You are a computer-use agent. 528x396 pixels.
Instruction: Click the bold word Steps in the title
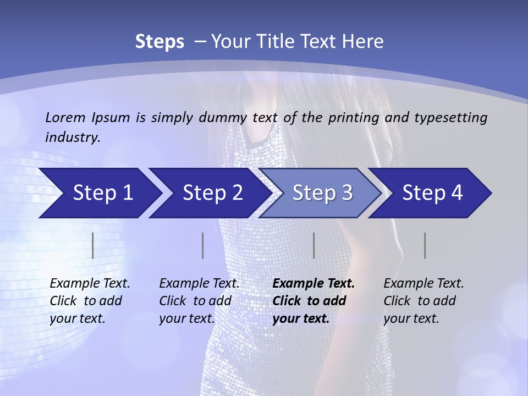(x=159, y=42)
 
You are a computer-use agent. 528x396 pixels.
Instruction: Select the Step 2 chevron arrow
(x=212, y=193)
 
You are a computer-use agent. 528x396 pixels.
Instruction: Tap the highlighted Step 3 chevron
(x=322, y=193)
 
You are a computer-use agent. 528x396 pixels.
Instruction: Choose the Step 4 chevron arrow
(x=432, y=193)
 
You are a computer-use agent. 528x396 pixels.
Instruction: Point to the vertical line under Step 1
(x=93, y=245)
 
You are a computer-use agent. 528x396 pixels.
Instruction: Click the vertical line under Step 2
(x=203, y=245)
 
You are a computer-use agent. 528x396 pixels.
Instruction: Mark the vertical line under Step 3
(x=314, y=245)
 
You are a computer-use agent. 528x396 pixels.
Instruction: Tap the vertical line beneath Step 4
(x=425, y=245)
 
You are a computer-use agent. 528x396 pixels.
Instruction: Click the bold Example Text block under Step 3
(x=313, y=301)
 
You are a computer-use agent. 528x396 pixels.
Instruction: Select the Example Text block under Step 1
(x=90, y=301)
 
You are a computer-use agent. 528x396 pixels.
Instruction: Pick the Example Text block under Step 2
(x=199, y=301)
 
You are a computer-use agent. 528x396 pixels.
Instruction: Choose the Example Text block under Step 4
(x=424, y=301)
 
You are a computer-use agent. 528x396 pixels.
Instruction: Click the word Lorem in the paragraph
(x=65, y=117)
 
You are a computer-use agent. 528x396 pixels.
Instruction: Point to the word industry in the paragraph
(x=73, y=137)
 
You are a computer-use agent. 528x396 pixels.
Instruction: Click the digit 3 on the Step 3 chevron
(x=346, y=193)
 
